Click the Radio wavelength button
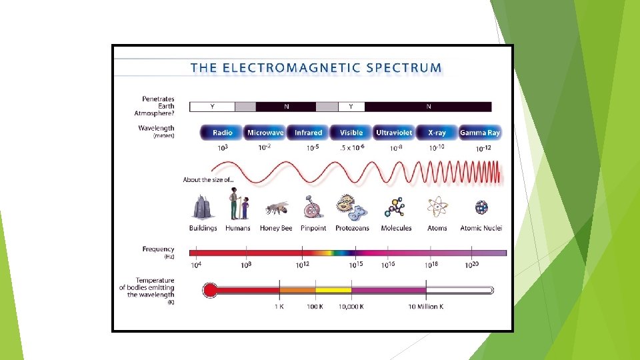pos(222,133)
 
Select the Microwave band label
pos(265,133)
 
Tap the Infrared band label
pos(308,133)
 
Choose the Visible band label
pos(351,133)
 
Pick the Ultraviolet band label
pos(394,133)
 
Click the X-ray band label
pos(437,133)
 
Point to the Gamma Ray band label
pos(480,133)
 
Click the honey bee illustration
pos(276,209)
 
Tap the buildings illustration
pos(202,207)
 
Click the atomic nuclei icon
pos(481,208)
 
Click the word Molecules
pos(396,228)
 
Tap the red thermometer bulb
pos(210,290)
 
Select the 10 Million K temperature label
pos(425,307)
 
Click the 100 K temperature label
pos(315,307)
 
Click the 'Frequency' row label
pos(158,249)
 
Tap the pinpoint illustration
pos(311,208)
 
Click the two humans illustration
pos(238,204)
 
